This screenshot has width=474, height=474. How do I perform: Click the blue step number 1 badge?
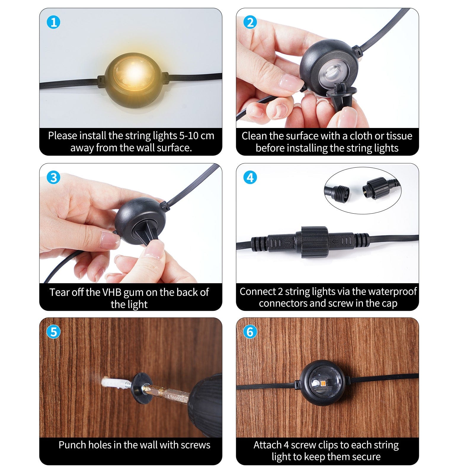pyautogui.click(x=54, y=23)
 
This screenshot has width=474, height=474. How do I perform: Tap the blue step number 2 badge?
pyautogui.click(x=250, y=23)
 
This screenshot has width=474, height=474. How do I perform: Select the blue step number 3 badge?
pyautogui.click(x=54, y=177)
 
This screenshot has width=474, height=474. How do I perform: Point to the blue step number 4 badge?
pyautogui.click(x=250, y=177)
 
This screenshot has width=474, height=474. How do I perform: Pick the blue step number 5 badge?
pyautogui.click(x=54, y=332)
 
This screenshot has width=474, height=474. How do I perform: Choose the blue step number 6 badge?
pyautogui.click(x=250, y=332)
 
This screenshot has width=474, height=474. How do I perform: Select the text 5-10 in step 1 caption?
pyautogui.click(x=188, y=136)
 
